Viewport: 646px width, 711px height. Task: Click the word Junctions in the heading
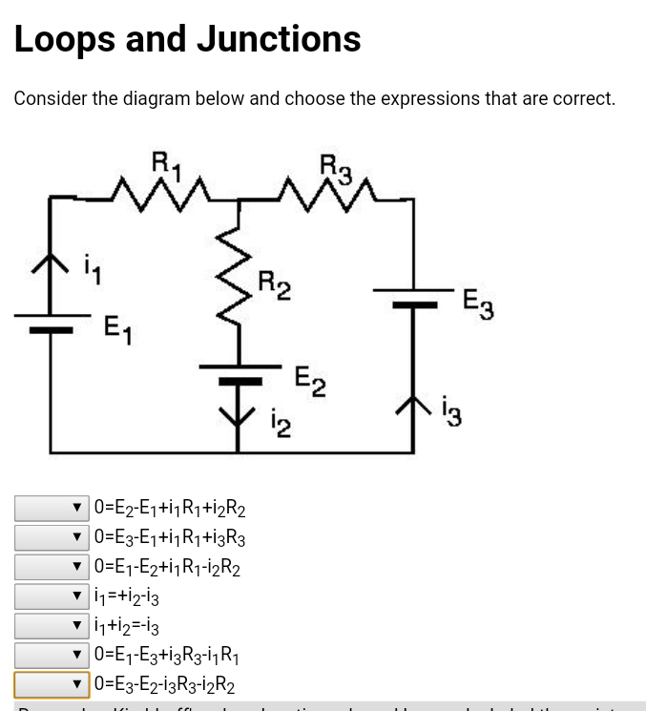(279, 39)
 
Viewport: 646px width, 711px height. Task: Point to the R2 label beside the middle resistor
(275, 284)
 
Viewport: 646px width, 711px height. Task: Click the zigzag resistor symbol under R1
(156, 195)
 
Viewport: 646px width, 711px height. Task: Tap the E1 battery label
(117, 330)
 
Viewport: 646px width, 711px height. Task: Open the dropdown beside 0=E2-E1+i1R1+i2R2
(52, 508)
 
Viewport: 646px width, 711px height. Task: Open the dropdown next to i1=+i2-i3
(52, 596)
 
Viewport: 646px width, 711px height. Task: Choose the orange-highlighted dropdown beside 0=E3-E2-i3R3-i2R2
(52, 685)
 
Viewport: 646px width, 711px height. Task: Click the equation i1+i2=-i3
(127, 626)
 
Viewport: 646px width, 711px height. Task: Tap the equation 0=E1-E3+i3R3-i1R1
(167, 656)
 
